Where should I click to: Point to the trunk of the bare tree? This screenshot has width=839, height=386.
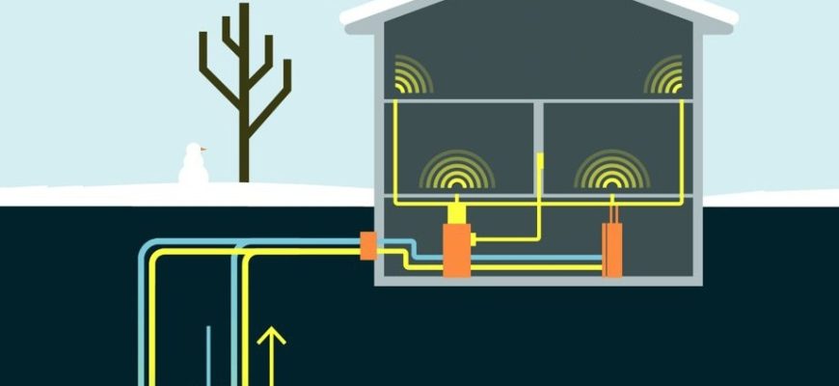point(245,145)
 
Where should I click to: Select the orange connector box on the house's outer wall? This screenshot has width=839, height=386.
point(367,245)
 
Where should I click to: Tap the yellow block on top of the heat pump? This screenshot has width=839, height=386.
point(455,213)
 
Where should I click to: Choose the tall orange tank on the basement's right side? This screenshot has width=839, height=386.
point(611,250)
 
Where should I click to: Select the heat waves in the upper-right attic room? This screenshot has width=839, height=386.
point(664,75)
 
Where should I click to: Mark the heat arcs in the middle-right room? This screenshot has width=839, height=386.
point(611,171)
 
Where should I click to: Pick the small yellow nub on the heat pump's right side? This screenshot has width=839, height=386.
point(474,238)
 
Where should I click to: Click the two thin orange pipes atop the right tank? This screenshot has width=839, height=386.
point(611,212)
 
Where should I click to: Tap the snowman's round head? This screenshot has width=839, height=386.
point(194,152)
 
